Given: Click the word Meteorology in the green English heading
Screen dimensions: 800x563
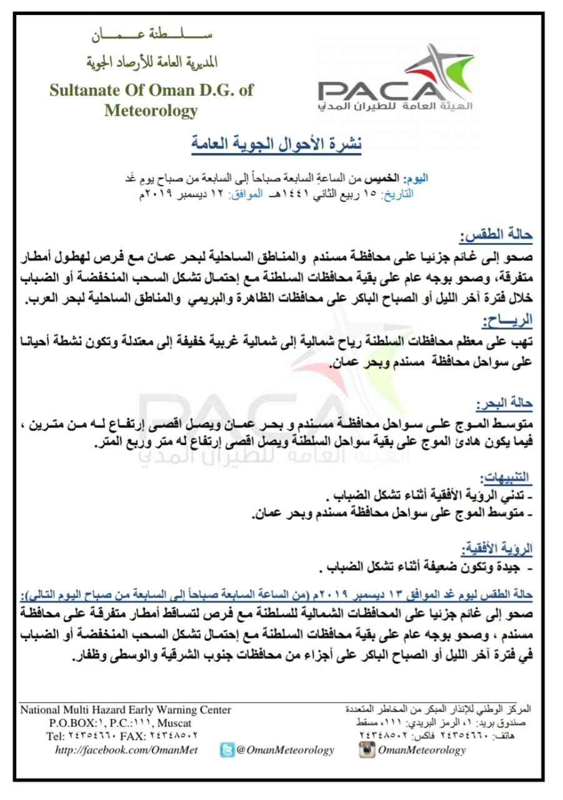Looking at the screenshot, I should [x=151, y=111].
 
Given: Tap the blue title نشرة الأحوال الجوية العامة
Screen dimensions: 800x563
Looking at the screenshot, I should [x=276, y=143].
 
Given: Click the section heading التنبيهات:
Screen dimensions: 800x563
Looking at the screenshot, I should [x=506, y=478].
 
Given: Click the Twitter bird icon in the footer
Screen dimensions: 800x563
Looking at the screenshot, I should [x=227, y=750].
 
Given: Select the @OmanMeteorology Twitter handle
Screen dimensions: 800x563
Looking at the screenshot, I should [x=285, y=750].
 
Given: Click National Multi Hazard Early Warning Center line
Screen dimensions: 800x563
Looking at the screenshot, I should [x=126, y=710].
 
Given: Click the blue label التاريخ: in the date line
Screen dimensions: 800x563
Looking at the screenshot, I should [x=397, y=194].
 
